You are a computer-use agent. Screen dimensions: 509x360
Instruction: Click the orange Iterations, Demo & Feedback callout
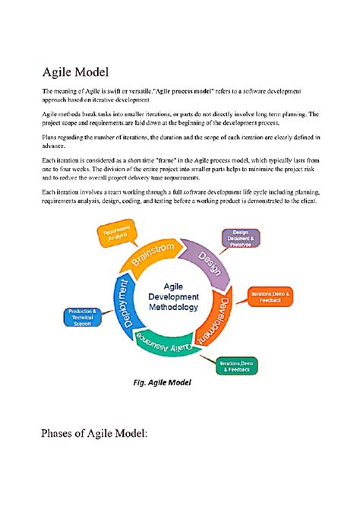(x=270, y=296)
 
